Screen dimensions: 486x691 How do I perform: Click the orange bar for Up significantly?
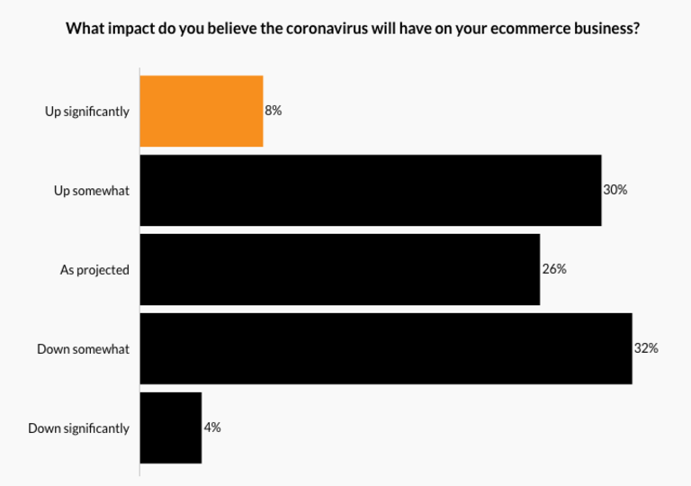click(202, 111)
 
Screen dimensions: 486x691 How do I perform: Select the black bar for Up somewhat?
click(371, 190)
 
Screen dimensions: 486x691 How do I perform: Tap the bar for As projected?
click(340, 269)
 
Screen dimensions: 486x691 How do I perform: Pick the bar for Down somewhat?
click(386, 348)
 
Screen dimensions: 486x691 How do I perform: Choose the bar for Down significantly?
click(171, 427)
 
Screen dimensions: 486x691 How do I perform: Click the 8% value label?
click(274, 111)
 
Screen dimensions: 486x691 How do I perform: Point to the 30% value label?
click(615, 190)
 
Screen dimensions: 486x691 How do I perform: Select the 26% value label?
click(554, 269)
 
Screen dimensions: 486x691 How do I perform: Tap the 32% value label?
click(646, 348)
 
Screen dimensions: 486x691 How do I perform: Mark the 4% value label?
click(212, 427)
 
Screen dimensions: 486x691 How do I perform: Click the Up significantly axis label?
click(87, 112)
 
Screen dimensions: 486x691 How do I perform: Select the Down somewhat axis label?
click(83, 349)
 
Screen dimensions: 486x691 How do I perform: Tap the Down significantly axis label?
click(79, 428)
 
